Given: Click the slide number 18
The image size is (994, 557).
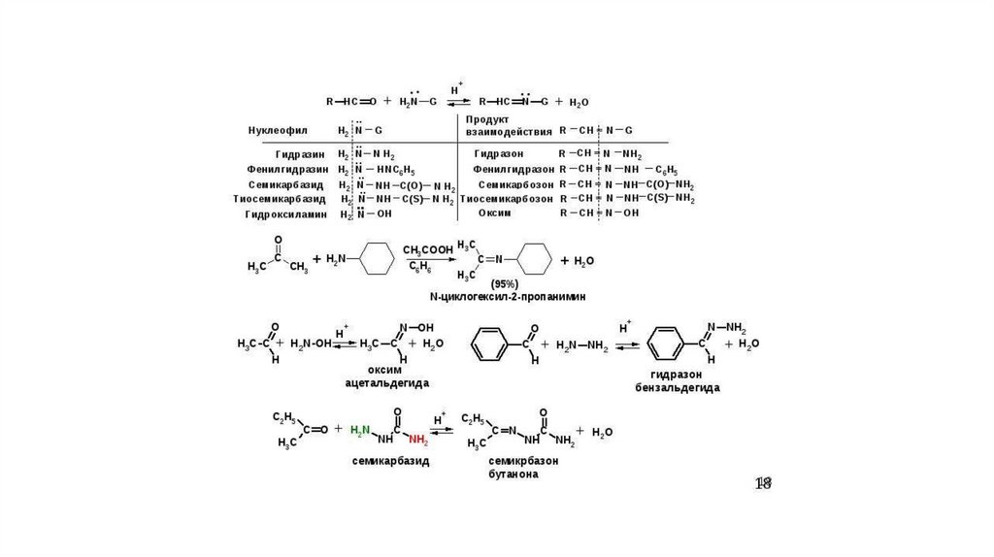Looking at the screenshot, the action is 764,483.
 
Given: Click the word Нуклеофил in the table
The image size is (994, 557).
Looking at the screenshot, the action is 279,130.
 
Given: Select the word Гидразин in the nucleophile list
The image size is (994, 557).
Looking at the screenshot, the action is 302,154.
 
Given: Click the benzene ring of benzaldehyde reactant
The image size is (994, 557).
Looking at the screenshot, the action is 490,344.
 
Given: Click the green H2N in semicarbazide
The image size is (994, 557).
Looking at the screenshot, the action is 360,429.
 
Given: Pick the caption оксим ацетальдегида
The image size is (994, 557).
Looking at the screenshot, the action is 386,377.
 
